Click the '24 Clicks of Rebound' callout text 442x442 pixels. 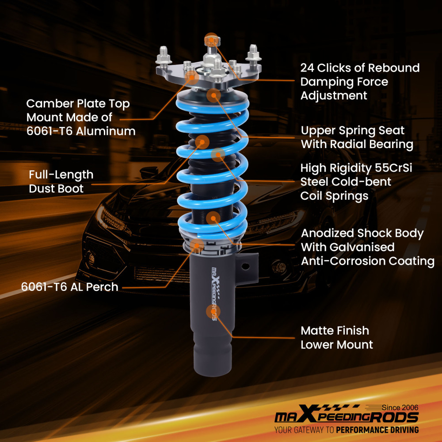click(360, 68)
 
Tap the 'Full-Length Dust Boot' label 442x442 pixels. click(61, 182)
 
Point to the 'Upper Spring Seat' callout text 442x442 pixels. click(353, 131)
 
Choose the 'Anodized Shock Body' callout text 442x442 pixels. click(362, 233)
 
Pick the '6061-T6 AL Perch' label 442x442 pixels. click(70, 287)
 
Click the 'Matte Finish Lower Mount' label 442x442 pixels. click(337, 338)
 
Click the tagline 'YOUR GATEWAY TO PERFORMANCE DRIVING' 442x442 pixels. click(347, 430)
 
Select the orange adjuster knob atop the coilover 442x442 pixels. click(212, 41)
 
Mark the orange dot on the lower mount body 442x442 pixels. click(213, 312)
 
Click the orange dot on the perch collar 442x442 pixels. click(198, 244)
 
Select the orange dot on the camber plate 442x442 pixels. click(192, 78)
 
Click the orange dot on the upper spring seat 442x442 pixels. click(214, 95)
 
